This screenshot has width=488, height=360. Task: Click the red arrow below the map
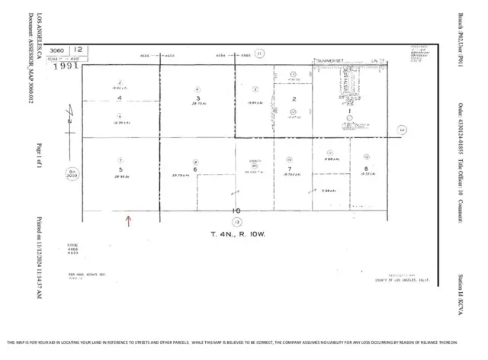[128, 221]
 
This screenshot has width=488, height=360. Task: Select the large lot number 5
[120, 170]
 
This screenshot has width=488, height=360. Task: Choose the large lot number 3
[197, 98]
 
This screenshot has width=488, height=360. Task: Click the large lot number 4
[120, 99]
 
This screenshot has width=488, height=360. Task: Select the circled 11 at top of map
[259, 53]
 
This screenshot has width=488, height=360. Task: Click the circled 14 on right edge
[401, 130]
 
